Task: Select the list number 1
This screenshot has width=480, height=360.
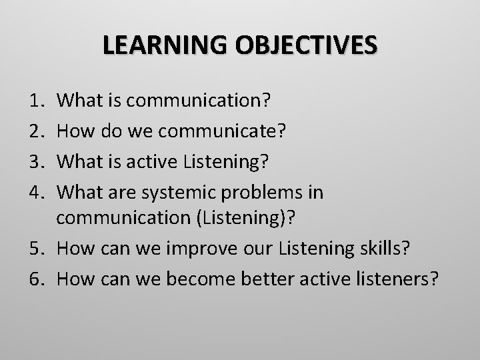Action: [39, 101]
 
